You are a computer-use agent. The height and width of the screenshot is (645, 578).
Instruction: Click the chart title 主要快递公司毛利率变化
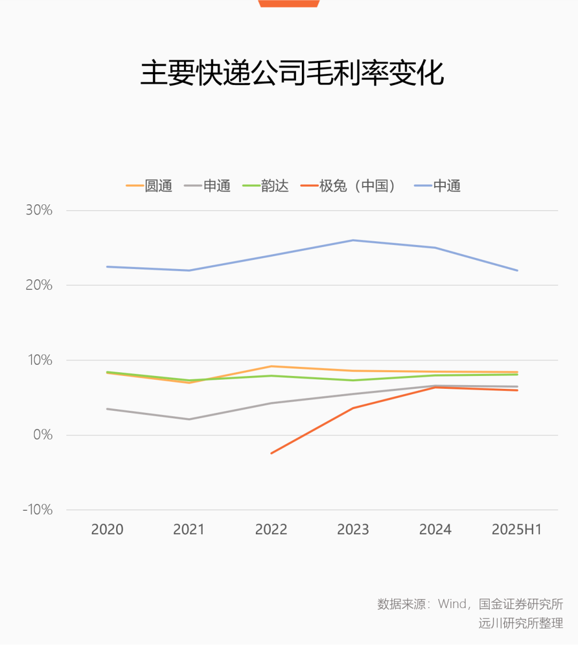click(x=292, y=73)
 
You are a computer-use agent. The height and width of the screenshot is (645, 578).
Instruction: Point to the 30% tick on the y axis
click(x=39, y=210)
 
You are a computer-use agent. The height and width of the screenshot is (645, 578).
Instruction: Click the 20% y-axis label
click(x=39, y=285)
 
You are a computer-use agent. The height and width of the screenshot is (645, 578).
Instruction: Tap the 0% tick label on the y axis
click(x=43, y=435)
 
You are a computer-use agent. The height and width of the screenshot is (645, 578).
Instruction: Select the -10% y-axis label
click(x=37, y=510)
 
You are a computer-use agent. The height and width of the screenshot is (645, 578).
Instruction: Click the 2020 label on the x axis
click(x=107, y=529)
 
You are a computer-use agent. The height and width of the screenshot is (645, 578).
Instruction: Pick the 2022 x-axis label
click(x=271, y=529)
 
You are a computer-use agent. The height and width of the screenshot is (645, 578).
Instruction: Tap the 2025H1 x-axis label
click(x=517, y=529)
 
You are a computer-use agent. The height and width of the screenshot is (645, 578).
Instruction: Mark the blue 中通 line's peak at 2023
click(x=353, y=240)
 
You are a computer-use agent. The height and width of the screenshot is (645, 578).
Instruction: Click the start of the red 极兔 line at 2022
click(x=271, y=453)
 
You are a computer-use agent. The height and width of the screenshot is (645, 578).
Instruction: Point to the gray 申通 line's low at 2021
click(x=189, y=419)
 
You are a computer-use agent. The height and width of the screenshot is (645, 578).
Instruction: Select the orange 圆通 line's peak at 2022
click(x=271, y=366)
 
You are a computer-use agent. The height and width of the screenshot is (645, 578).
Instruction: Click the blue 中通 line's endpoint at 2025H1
click(x=517, y=270)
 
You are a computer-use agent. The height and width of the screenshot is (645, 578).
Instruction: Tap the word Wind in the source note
click(x=452, y=604)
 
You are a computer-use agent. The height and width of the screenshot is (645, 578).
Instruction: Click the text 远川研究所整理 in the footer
click(x=521, y=623)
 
